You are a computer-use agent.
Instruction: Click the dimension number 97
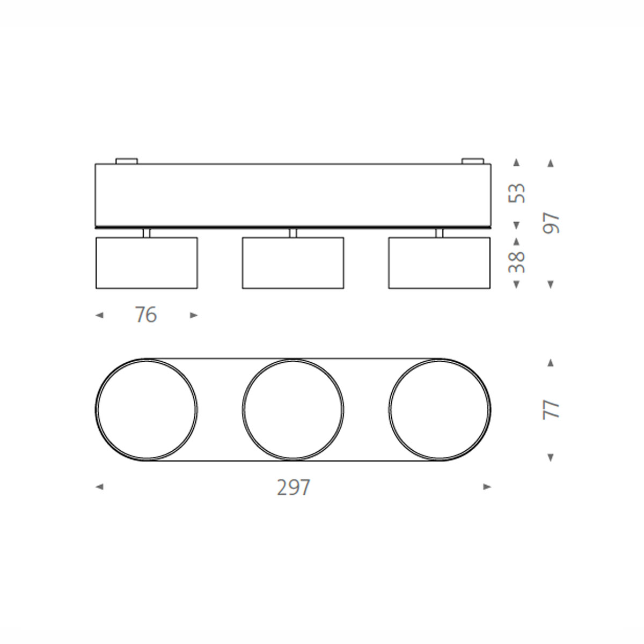551,223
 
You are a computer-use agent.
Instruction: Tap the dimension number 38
517,262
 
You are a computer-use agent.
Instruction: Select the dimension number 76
146,315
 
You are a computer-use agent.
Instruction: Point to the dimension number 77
551,409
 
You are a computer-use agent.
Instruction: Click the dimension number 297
294,487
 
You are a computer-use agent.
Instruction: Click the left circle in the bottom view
147,409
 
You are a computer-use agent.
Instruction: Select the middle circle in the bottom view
293,409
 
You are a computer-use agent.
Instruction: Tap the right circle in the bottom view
440,409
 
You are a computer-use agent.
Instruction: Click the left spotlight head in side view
147,263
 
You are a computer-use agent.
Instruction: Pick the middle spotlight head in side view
293,263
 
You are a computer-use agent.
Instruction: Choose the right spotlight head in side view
440,263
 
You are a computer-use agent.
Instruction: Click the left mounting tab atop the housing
127,160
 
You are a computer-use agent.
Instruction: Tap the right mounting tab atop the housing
473,160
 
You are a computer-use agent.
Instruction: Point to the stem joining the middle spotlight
293,233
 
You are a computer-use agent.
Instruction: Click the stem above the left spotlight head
147,233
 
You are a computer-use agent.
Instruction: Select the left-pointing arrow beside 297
99,487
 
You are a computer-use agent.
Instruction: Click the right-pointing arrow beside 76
194,316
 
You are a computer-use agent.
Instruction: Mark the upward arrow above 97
551,163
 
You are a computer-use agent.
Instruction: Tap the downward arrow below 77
551,458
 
